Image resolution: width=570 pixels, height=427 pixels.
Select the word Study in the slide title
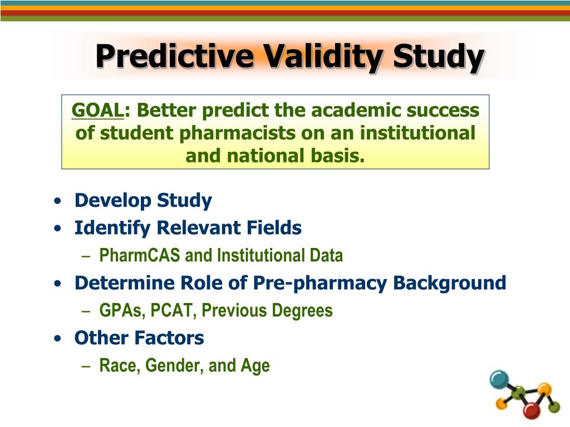(438, 57)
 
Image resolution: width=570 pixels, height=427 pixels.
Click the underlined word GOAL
(97, 111)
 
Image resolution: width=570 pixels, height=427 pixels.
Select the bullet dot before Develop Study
(58, 201)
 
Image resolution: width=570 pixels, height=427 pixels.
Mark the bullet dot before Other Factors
(58, 339)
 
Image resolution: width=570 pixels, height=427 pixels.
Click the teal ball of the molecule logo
(499, 379)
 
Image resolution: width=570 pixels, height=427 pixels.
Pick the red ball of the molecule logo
(532, 410)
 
